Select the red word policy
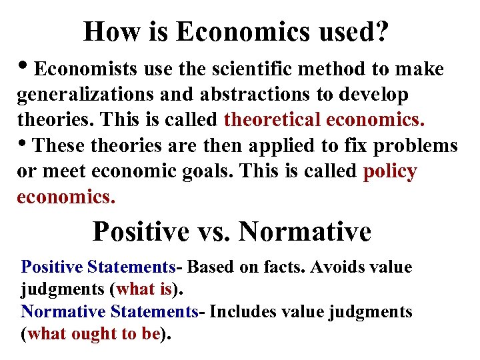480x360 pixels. click(390, 172)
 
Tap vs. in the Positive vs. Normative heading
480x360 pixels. click(213, 232)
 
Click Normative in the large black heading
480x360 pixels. click(304, 232)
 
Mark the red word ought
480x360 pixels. click(93, 333)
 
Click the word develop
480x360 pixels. click(371, 95)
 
